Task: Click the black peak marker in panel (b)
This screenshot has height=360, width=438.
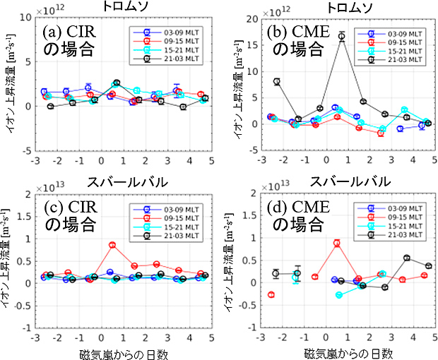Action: pos(342,36)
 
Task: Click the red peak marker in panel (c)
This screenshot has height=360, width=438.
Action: pos(112,245)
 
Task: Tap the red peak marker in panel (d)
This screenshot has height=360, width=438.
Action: pos(337,243)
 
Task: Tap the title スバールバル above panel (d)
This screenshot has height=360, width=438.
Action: pos(346,183)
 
